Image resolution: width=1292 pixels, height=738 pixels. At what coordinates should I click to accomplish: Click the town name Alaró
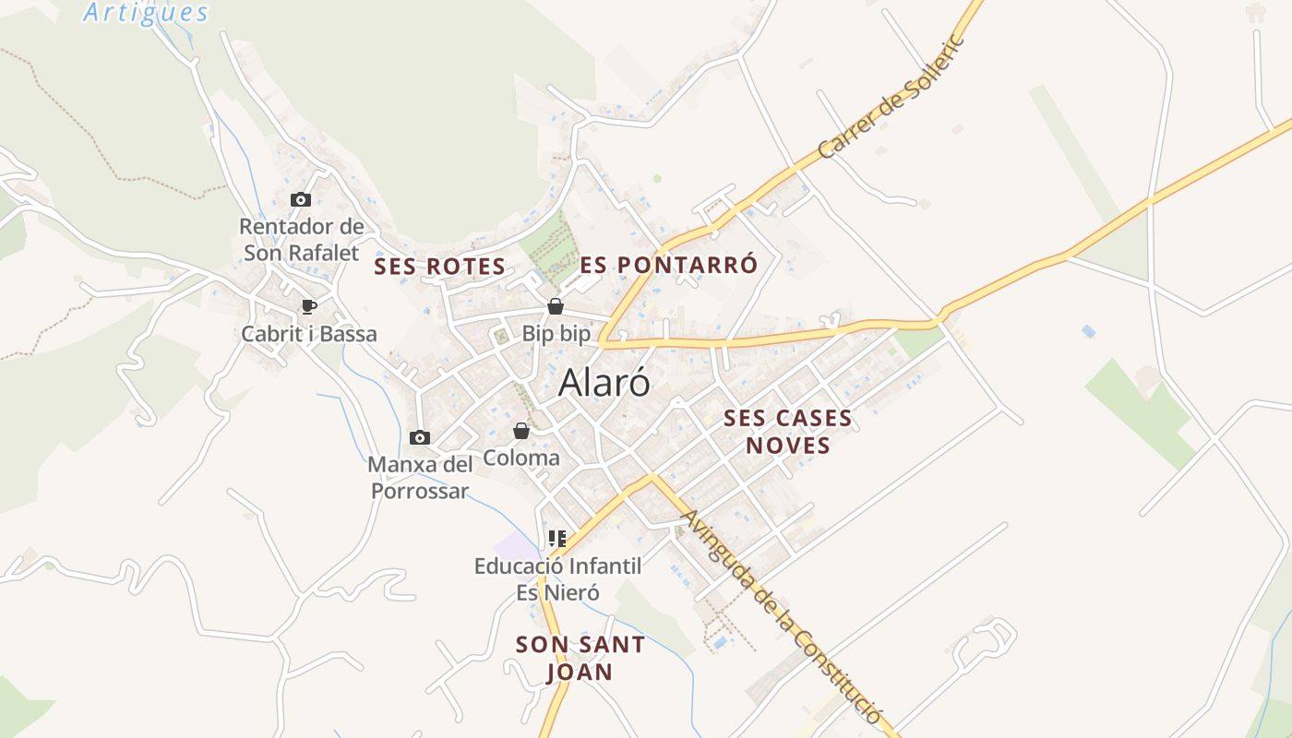coord(604,383)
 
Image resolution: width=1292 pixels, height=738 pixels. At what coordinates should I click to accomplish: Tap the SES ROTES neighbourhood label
coord(439,268)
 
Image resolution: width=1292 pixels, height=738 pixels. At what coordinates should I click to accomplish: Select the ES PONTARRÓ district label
coord(669,265)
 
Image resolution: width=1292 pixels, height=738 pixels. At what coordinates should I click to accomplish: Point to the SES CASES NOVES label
coord(788,432)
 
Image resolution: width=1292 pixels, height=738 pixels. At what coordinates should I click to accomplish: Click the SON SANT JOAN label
coord(580,658)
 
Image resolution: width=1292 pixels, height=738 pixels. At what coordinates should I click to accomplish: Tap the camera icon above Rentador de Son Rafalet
coord(300,199)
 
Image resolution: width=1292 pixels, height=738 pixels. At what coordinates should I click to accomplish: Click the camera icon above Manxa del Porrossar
coord(420,437)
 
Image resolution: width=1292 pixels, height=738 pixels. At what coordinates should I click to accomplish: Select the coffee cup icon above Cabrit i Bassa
coord(308,306)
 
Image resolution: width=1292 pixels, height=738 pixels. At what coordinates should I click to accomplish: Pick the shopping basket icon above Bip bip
coord(556,306)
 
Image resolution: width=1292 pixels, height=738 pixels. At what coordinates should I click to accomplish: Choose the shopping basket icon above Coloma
coord(521,431)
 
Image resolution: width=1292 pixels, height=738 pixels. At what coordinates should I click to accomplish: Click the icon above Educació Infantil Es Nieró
coord(556,538)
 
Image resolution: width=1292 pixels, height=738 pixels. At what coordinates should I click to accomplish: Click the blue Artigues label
coord(146,13)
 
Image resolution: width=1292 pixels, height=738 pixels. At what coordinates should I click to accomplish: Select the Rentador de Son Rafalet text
coord(301,239)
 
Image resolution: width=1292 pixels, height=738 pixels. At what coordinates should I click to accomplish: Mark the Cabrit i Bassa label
coord(309,334)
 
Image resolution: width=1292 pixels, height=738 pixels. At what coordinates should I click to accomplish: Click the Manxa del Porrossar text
coord(420,478)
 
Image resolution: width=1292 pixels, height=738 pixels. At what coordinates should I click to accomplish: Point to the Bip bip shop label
coord(556,334)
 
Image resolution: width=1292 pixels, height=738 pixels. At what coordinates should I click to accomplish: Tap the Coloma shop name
coord(521,458)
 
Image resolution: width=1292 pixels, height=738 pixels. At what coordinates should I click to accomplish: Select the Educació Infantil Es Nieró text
coord(557,579)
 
